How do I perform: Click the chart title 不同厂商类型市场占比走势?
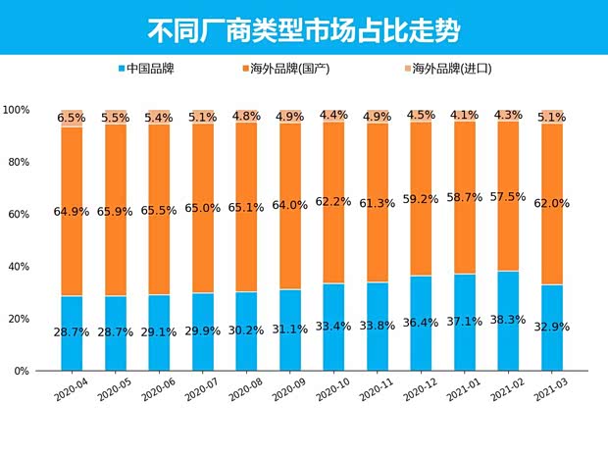[x=303, y=26]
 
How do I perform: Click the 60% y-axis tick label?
[x=18, y=214]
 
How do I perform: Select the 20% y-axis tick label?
[x=18, y=319]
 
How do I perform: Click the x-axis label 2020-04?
[x=72, y=390]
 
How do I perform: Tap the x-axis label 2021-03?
[x=549, y=390]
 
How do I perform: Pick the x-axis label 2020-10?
[x=332, y=390]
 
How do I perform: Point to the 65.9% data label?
[x=117, y=211]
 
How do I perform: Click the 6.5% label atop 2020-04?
[x=72, y=118]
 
